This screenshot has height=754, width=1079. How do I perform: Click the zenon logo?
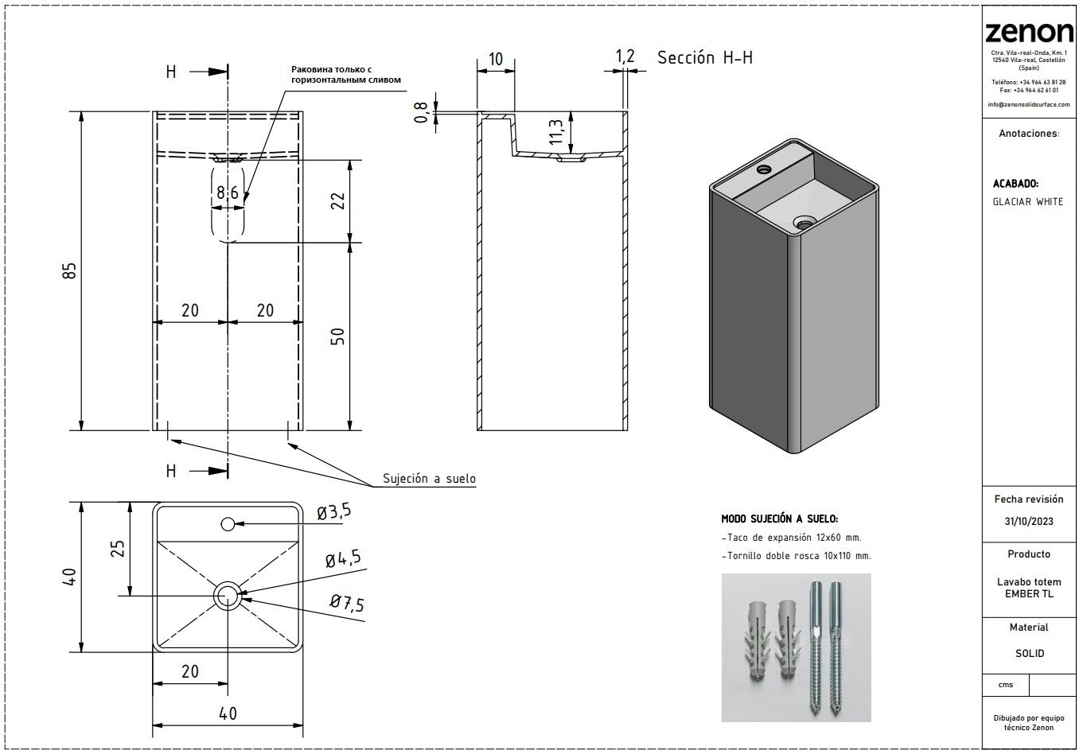(1028, 32)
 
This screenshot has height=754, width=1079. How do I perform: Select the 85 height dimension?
(70, 270)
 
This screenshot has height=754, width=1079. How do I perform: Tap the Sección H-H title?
(704, 57)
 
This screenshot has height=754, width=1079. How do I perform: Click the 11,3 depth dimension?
(556, 131)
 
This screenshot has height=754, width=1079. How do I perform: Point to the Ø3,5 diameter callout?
(333, 512)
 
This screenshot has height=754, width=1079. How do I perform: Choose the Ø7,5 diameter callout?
(346, 604)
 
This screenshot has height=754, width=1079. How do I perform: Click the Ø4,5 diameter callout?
(342, 558)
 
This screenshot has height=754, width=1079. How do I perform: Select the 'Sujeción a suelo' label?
(429, 478)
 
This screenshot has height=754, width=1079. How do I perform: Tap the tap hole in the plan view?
(228, 523)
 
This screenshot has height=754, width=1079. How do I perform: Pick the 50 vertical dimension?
(338, 336)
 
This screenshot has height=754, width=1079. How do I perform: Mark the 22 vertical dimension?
(338, 200)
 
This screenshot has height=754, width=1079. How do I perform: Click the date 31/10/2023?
(1028, 522)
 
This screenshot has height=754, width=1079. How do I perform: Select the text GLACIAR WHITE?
(1027, 202)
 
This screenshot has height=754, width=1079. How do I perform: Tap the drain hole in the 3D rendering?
(802, 223)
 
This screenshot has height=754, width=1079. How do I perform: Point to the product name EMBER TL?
(1028, 593)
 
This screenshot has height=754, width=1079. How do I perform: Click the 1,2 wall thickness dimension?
(625, 56)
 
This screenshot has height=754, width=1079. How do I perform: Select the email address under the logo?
(1028, 104)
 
